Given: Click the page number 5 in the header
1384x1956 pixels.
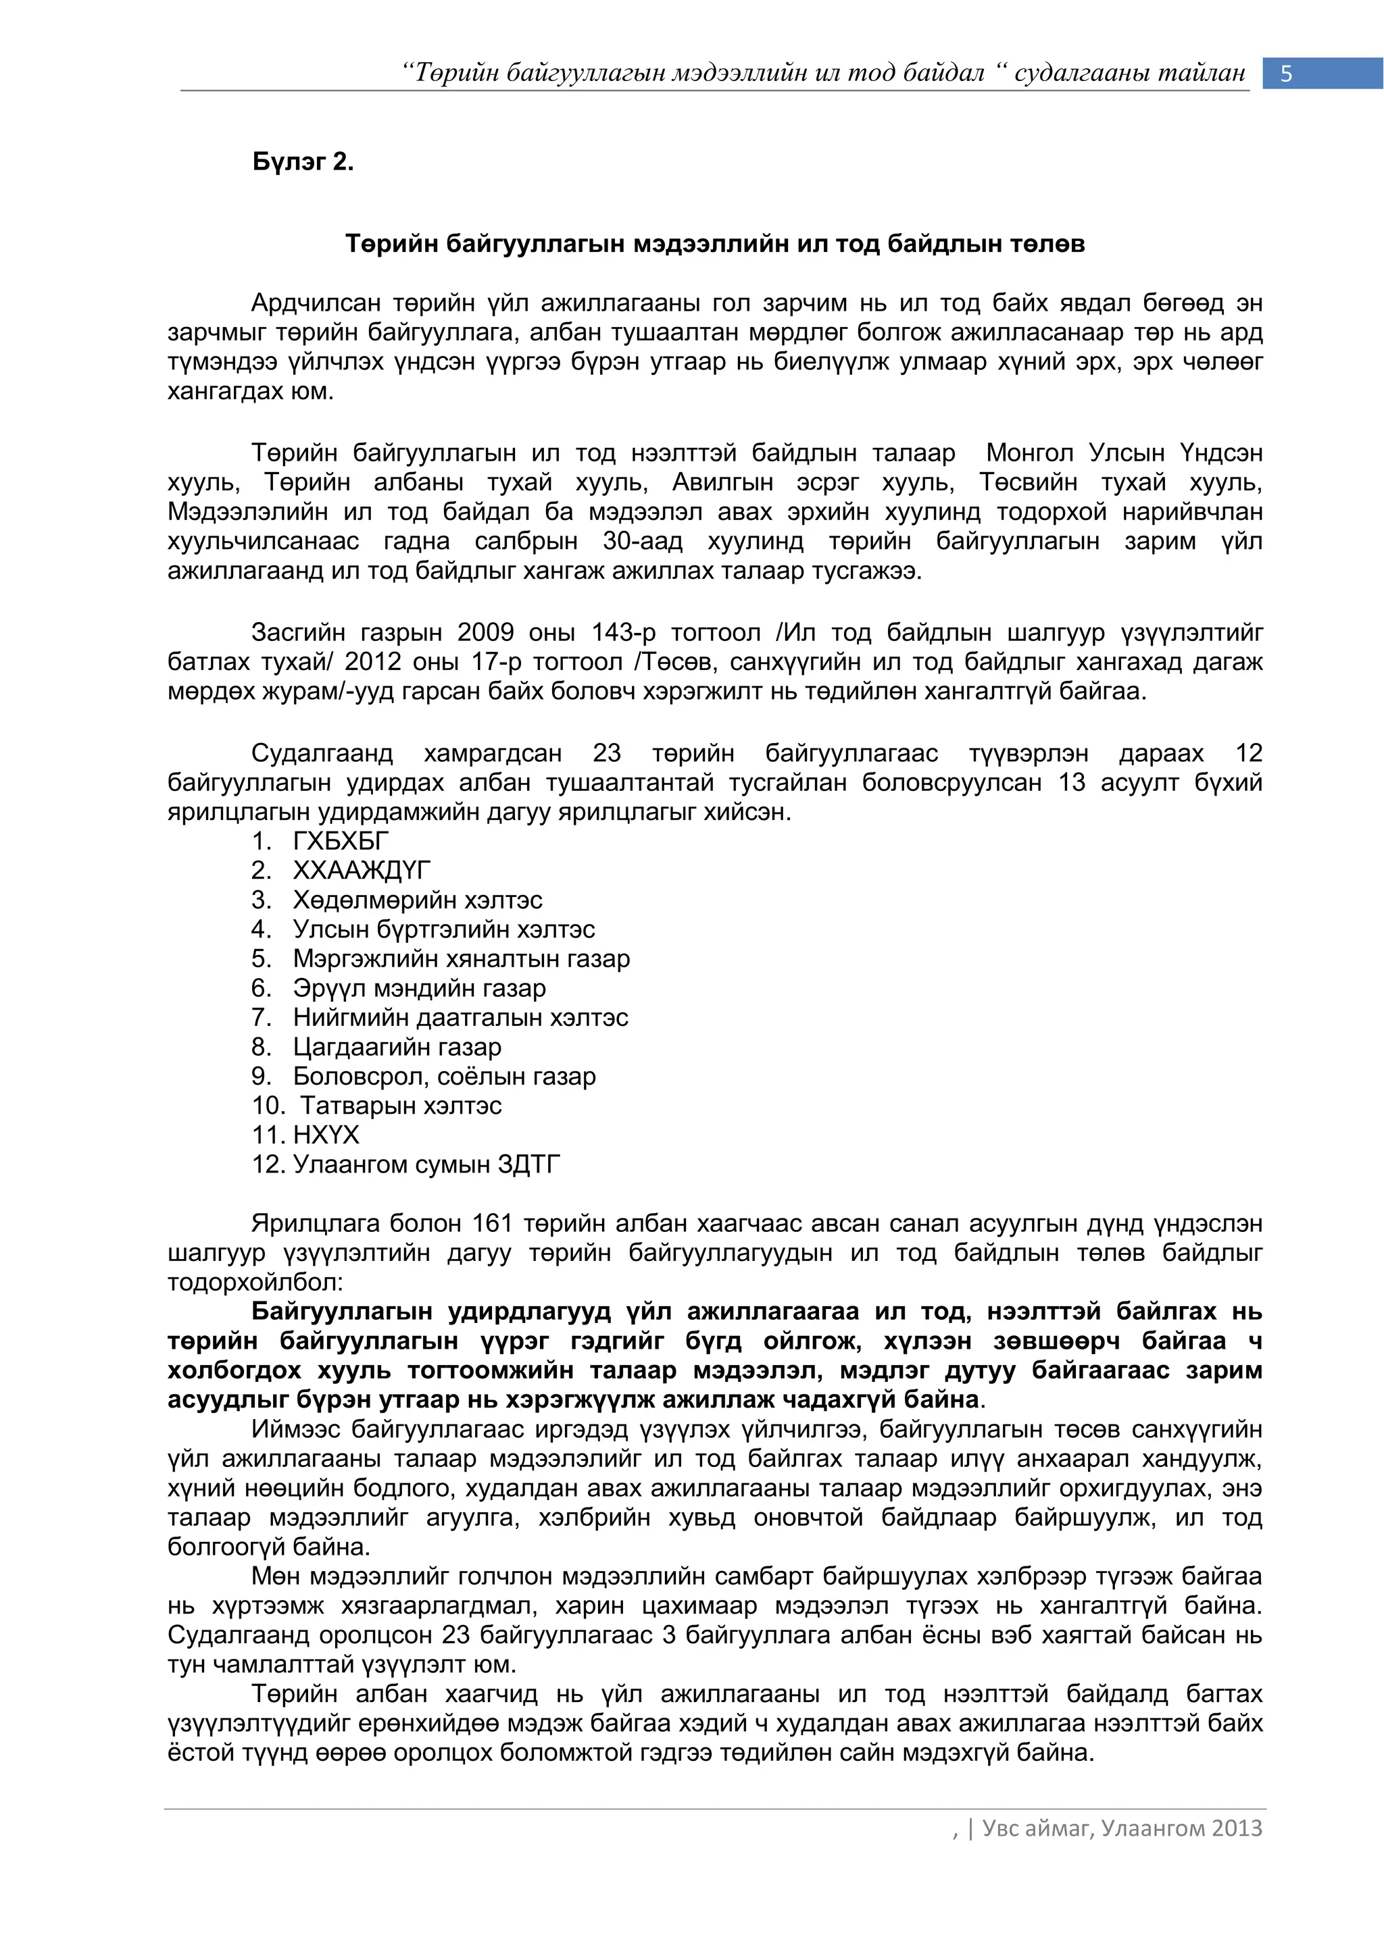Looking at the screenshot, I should tap(1286, 74).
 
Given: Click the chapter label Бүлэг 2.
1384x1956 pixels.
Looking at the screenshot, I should tap(303, 162).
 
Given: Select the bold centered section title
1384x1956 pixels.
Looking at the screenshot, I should tap(714, 244).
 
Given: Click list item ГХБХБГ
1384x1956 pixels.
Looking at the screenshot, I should tap(340, 841).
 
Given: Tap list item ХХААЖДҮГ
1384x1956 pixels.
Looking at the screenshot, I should tap(362, 870).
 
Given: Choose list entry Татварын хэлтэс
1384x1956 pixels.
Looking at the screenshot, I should tap(401, 1105).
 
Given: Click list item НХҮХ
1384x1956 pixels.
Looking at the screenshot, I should tap(326, 1135).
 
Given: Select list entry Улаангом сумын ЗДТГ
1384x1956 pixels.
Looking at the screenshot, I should tap(426, 1164).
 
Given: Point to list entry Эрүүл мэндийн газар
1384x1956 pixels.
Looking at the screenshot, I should tap(418, 987).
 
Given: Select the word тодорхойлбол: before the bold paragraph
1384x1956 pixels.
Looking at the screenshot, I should tap(255, 1282).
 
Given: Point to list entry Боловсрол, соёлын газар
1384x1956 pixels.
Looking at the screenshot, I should tap(444, 1076).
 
